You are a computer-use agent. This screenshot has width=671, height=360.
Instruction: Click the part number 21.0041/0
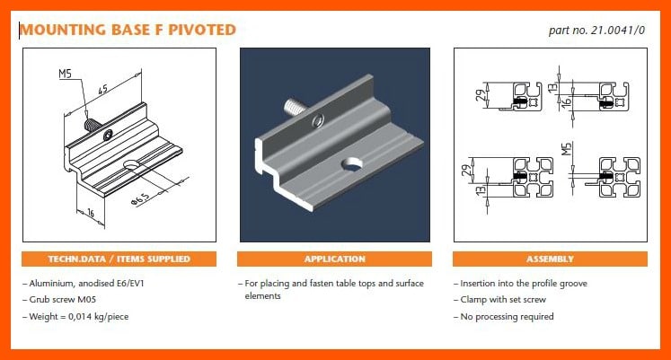618,31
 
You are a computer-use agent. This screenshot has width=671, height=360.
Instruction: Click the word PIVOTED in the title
202,30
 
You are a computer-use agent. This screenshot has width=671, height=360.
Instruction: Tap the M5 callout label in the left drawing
65,74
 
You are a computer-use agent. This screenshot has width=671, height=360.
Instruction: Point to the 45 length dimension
102,90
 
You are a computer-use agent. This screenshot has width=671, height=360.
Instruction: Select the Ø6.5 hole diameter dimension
140,199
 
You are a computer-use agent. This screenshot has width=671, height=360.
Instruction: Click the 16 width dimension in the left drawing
91,213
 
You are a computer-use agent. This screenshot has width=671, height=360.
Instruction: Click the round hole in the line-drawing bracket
131,164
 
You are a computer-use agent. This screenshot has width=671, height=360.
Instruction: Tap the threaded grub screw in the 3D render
296,107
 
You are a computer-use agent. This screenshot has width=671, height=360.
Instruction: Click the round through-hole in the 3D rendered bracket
351,164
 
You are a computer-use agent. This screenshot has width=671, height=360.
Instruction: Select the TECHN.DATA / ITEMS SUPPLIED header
119,259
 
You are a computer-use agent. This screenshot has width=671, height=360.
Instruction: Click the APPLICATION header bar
335,259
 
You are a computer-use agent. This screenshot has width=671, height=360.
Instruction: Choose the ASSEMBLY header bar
550,259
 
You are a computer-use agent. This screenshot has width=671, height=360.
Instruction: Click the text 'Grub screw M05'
63,299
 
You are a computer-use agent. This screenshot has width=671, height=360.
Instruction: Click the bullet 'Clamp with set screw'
503,299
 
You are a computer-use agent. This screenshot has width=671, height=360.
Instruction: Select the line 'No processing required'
508,317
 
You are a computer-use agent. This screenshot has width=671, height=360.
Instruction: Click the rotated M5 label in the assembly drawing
566,149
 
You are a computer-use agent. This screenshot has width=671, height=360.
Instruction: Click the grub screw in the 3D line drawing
92,126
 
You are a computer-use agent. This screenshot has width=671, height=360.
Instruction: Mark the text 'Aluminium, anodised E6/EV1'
87,284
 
